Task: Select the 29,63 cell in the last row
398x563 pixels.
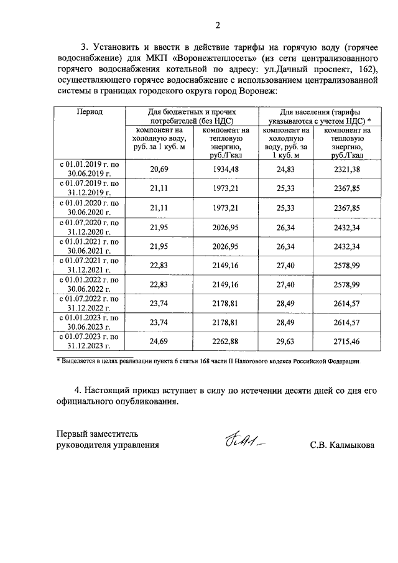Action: tap(287, 342)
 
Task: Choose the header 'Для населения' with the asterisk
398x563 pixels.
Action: tap(319, 116)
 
